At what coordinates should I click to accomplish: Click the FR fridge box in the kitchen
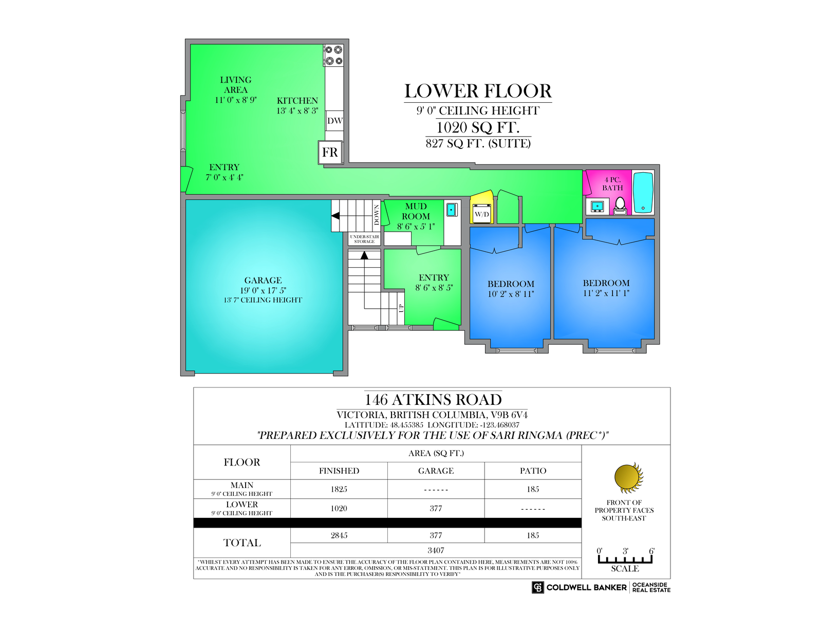coord(330,152)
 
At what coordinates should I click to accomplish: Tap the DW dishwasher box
coord(334,121)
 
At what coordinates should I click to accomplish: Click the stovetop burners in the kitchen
coord(333,55)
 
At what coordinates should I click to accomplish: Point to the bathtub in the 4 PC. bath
coord(643,193)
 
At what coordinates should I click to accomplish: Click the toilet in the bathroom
coord(620,206)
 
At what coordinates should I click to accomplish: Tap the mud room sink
coord(452,210)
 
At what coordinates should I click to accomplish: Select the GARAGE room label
coord(263,280)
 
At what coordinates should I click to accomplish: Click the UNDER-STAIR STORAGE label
coord(364,239)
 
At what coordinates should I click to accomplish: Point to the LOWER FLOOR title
coord(478,91)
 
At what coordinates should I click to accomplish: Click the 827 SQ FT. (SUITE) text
coord(478,143)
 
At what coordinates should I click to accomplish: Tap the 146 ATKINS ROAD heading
coord(433,399)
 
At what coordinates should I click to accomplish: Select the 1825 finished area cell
coord(339,489)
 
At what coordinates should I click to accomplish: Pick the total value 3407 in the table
coord(436,550)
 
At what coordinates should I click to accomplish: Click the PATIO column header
coord(533,471)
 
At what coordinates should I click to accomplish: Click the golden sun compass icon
coord(628,478)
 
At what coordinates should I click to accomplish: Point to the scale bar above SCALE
coord(625,559)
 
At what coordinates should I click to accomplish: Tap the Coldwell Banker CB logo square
coord(537,587)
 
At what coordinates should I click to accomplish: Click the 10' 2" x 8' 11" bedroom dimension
coord(511,294)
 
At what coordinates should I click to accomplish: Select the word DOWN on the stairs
coord(377,215)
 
